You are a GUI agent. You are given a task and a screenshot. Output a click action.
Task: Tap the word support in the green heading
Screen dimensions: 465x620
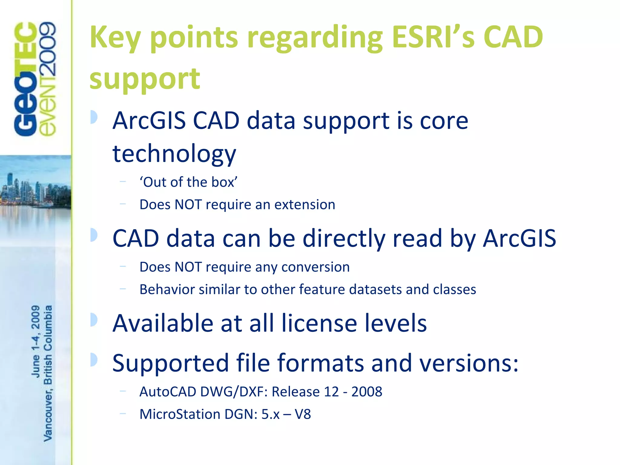click(145, 79)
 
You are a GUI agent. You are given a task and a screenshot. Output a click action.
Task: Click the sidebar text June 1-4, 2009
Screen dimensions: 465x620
click(36, 341)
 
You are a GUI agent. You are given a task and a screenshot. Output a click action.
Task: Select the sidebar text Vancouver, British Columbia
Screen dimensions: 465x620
click(48, 373)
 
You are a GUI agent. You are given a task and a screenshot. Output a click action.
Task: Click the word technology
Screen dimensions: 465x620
click(174, 154)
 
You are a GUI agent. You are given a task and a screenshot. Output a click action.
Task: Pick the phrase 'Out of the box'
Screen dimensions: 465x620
click(188, 182)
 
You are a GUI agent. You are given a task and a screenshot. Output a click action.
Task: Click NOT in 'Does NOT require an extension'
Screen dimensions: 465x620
click(188, 205)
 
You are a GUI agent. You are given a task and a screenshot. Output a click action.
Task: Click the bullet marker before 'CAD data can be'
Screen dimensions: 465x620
click(94, 235)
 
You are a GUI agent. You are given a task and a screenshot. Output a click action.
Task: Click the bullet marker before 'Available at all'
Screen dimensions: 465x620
click(94, 320)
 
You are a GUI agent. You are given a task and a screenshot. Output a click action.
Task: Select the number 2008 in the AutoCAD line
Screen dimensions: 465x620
click(367, 392)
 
